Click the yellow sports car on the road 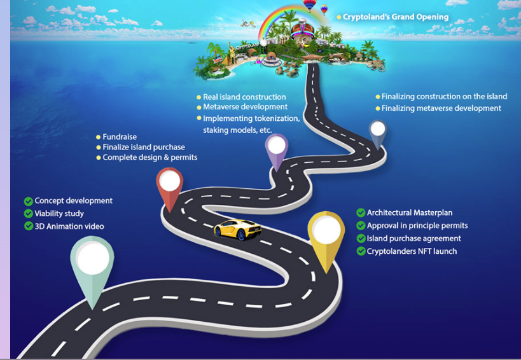[237, 230]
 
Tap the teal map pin [92, 266]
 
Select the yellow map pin [326, 237]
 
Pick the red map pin [170, 186]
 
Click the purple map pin [277, 149]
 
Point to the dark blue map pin [378, 132]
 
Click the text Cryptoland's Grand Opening [396, 17]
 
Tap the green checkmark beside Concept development [29, 201]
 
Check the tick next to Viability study [29, 214]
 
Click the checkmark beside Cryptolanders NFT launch [361, 251]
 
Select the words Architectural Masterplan [410, 212]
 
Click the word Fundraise [120, 137]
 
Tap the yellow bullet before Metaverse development [199, 107]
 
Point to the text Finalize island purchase [144, 147]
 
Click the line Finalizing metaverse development [441, 108]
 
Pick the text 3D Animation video [69, 226]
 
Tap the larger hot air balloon [309, 5]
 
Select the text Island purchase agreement [413, 239]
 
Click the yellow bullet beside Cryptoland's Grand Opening [338, 17]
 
